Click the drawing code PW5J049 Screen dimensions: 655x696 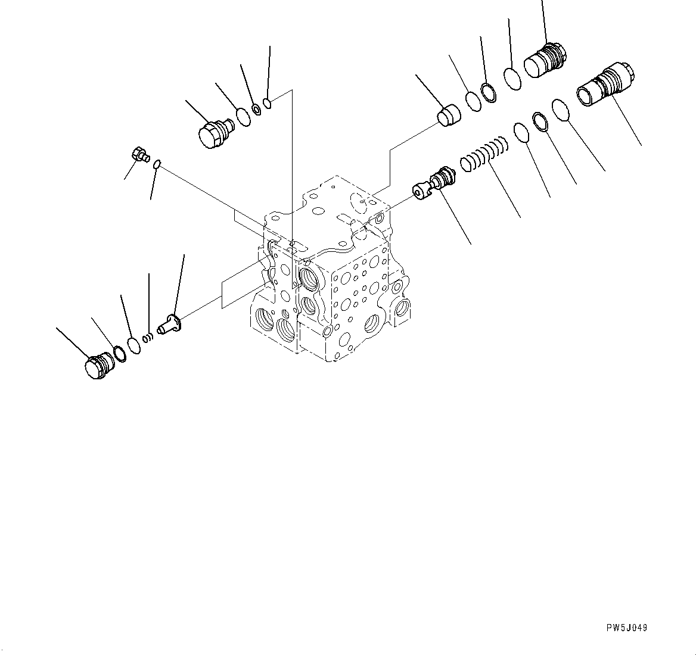pyautogui.click(x=626, y=628)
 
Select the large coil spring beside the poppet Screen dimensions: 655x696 pyautogui.click(x=484, y=155)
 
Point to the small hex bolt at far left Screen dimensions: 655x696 pyautogui.click(x=140, y=155)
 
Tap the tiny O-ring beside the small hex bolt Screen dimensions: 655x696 pyautogui.click(x=157, y=164)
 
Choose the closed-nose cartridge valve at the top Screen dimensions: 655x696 pyautogui.click(x=545, y=60)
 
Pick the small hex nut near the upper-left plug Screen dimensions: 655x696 pyautogui.click(x=256, y=109)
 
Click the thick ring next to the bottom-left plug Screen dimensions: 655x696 pyautogui.click(x=119, y=353)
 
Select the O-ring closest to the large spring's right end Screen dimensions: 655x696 pyautogui.click(x=521, y=133)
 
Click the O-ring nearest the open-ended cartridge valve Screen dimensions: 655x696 pyautogui.click(x=562, y=110)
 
